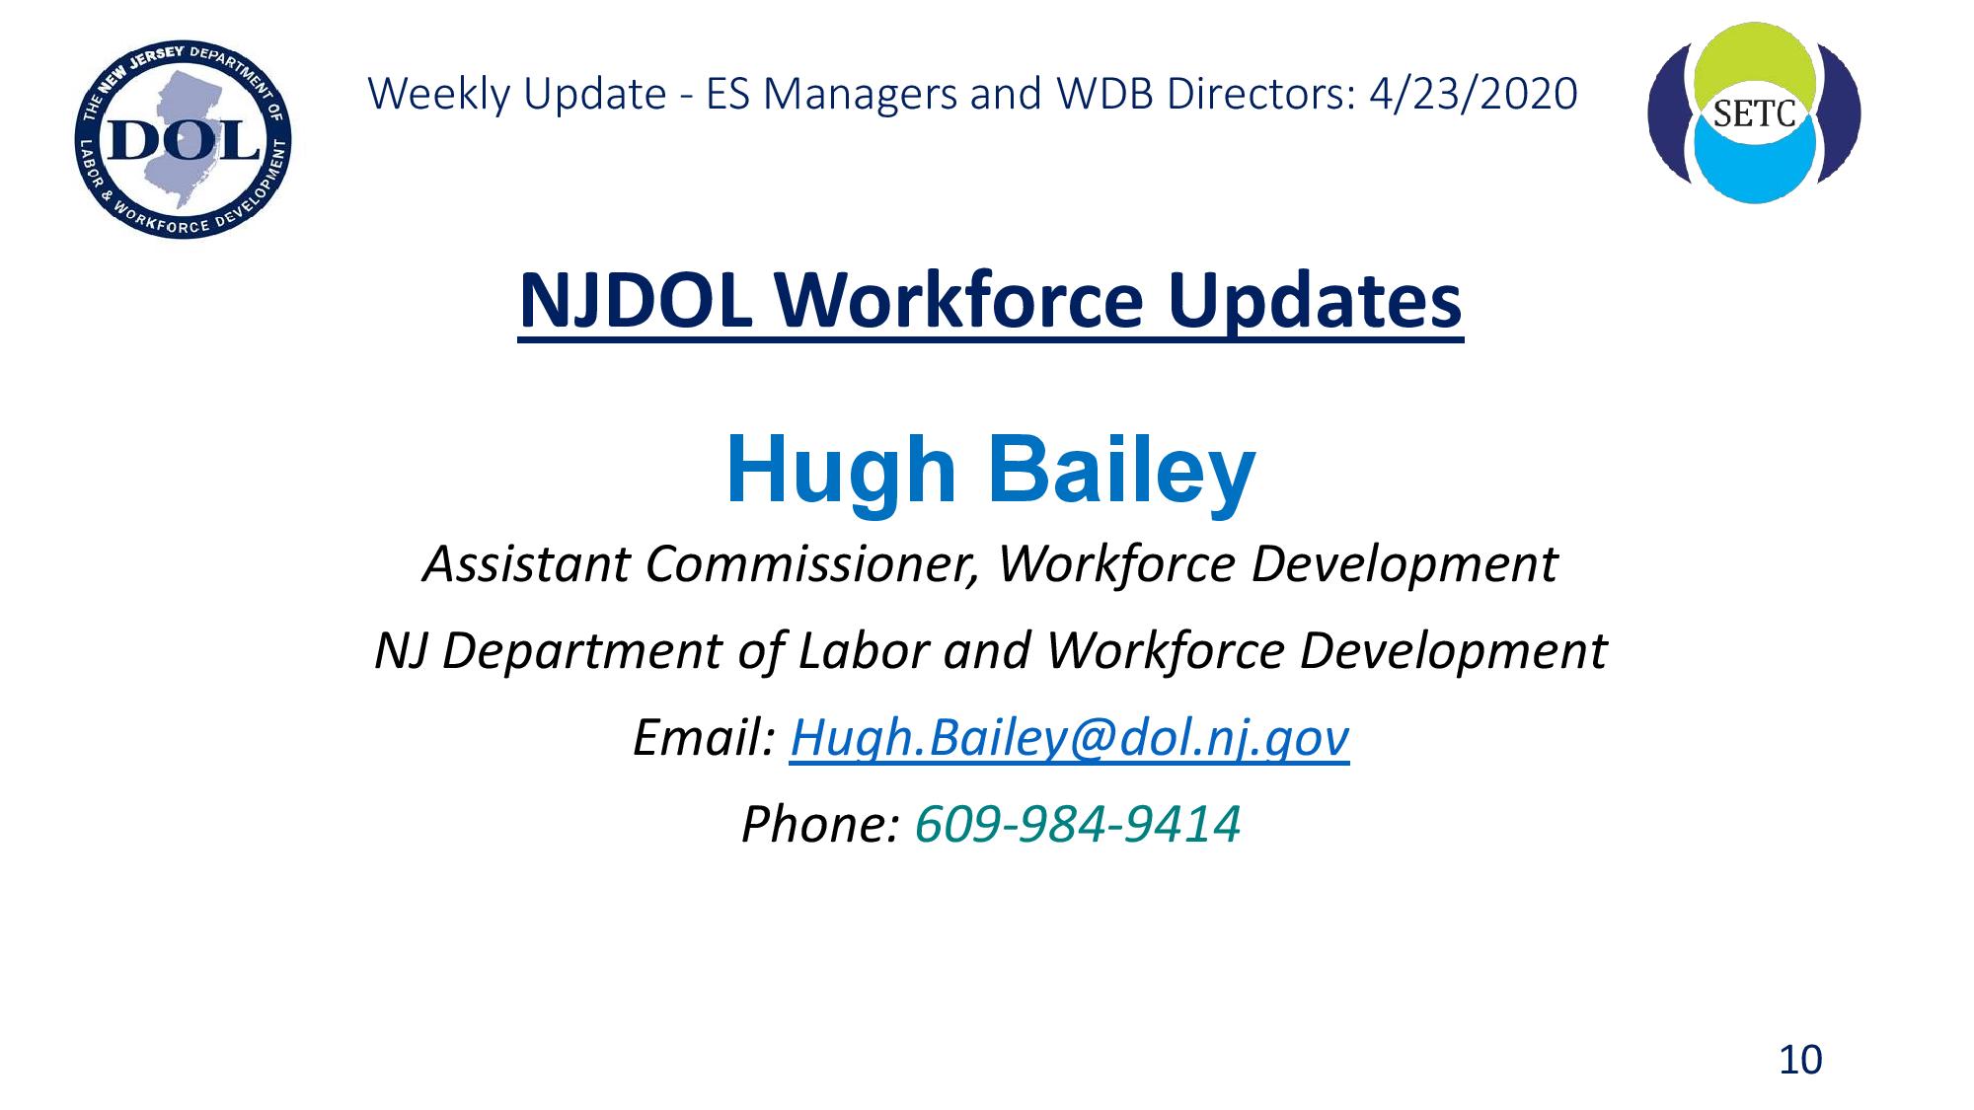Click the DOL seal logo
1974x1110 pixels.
(183, 139)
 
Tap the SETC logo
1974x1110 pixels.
(1754, 112)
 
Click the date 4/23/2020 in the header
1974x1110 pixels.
(1474, 94)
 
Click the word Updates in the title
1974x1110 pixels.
(1315, 302)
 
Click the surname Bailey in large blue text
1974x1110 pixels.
(1121, 471)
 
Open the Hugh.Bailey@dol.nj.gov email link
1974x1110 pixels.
(1070, 738)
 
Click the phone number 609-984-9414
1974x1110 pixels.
(1078, 824)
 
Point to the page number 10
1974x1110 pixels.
(1800, 1060)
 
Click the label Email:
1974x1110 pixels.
(704, 737)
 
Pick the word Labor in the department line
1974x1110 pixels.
(864, 651)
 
